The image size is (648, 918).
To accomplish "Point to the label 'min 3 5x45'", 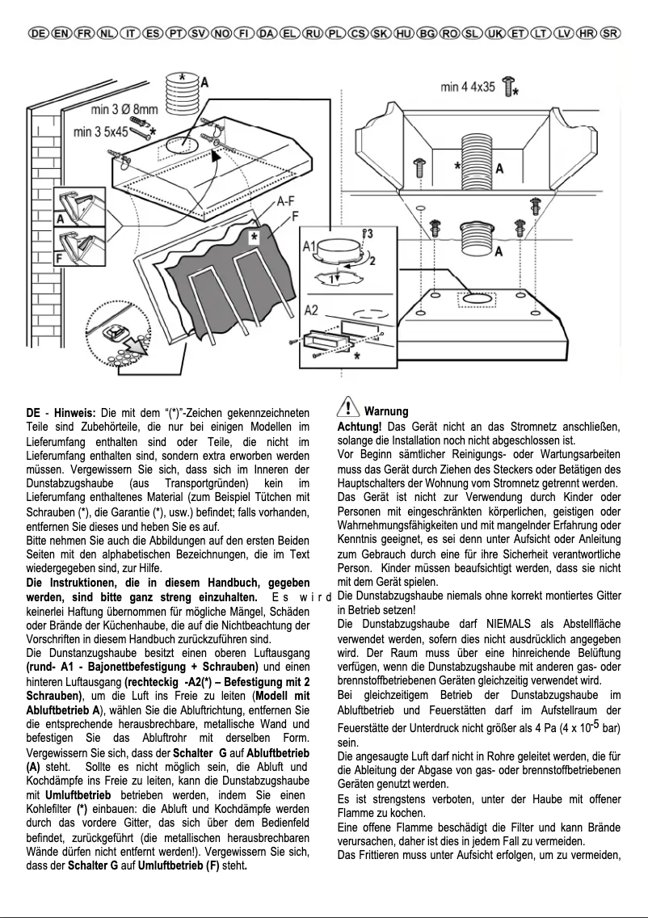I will point(100,130).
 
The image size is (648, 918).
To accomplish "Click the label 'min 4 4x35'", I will point(468,86).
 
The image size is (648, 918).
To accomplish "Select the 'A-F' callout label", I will point(285,202).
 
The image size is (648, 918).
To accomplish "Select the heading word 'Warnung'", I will point(386,412).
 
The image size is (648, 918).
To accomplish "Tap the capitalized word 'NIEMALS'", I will point(511,624).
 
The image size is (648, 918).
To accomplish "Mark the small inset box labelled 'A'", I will point(79,208).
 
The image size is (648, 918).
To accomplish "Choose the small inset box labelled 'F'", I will point(79,247).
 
